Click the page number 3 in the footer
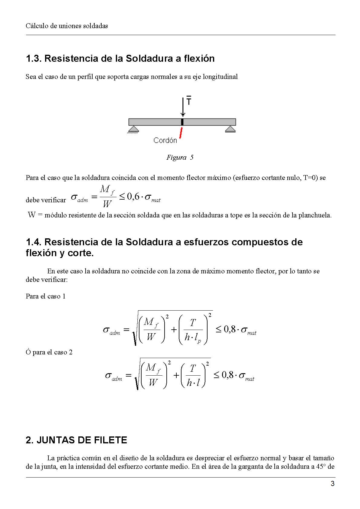(x=332, y=484)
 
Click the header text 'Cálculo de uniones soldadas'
(x=67, y=26)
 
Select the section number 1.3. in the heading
(x=34, y=58)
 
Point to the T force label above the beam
(x=189, y=100)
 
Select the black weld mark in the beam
(x=182, y=122)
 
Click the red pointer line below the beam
(x=181, y=133)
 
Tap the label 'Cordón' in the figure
(x=165, y=140)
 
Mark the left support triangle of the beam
(x=133, y=129)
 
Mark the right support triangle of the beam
(x=230, y=129)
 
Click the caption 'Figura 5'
(x=180, y=157)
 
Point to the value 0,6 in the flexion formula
(x=133, y=197)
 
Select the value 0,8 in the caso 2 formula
(x=227, y=375)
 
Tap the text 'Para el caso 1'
(x=46, y=296)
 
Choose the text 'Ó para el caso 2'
(x=49, y=352)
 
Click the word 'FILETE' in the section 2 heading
(x=110, y=440)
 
